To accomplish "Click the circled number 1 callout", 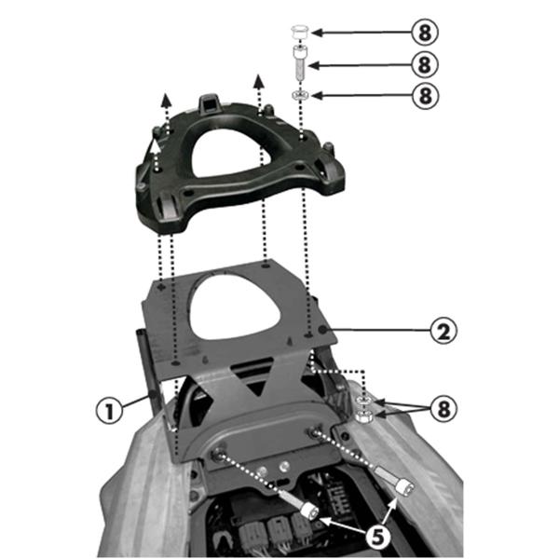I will [x=110, y=410].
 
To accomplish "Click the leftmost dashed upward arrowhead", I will [x=164, y=96].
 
